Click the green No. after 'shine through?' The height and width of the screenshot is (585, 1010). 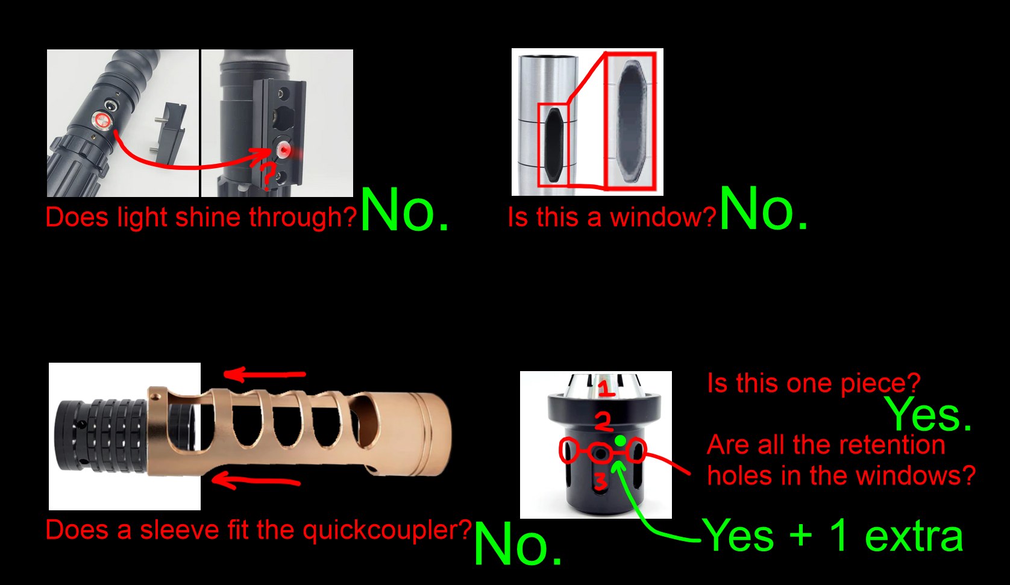click(404, 210)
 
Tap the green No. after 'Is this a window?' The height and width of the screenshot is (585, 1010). click(764, 209)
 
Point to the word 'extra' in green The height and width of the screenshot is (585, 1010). click(914, 536)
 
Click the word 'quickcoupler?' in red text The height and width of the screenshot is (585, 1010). click(387, 530)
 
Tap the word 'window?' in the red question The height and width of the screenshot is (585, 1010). click(663, 217)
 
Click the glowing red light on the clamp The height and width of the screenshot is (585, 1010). click(284, 150)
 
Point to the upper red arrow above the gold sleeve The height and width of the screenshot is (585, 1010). click(265, 374)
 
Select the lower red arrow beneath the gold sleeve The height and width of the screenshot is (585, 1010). click(256, 481)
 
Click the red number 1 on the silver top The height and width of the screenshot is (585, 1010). click(606, 389)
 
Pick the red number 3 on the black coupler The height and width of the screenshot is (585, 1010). click(600, 480)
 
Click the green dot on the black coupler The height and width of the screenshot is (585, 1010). click(621, 440)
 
